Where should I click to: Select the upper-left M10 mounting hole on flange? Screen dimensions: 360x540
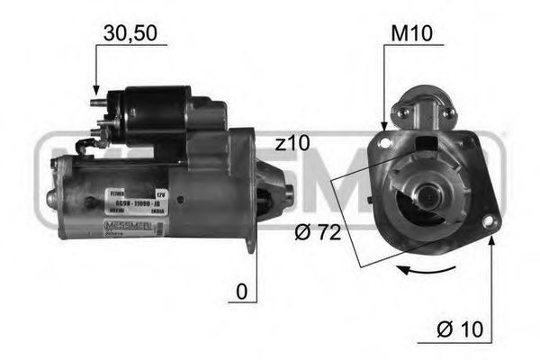[386, 139]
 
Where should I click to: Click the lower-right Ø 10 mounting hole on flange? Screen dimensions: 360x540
[489, 221]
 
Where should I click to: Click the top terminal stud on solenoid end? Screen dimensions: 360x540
[94, 104]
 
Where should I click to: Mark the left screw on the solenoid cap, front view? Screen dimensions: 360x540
[404, 112]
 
